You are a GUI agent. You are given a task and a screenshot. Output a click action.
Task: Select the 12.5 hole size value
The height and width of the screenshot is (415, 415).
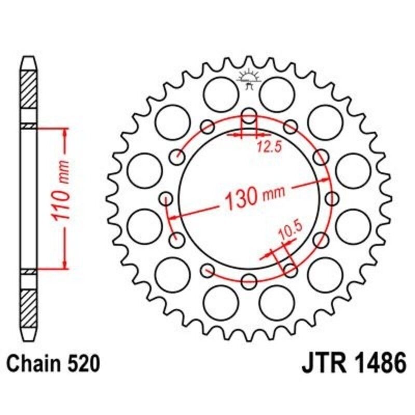[268, 147]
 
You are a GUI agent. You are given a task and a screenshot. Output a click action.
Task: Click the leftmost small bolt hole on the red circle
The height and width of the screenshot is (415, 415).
[167, 198]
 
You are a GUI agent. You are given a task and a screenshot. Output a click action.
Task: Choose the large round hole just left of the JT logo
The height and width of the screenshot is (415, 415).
[219, 93]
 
